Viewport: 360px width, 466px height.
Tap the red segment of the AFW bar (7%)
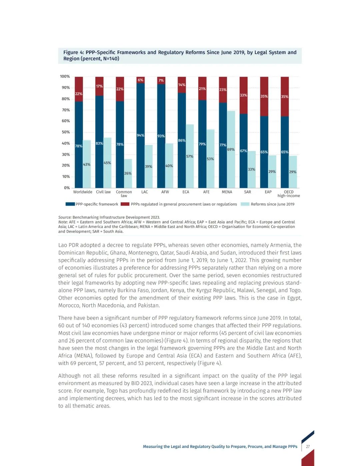click(x=161, y=80)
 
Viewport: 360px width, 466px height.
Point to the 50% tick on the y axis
click(x=66, y=132)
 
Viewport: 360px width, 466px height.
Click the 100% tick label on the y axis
click(x=65, y=76)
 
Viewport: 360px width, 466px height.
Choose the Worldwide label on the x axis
click(x=83, y=192)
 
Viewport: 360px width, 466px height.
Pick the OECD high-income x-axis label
click(x=289, y=194)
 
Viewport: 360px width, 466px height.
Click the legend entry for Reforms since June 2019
click(x=272, y=204)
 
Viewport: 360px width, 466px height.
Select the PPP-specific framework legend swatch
click(x=70, y=204)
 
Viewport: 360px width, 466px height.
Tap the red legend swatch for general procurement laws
click(x=125, y=204)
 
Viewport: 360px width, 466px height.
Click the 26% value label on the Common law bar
click(x=128, y=173)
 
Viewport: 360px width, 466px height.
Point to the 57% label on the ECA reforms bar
click(x=190, y=156)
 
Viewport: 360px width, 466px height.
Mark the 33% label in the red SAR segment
click(x=244, y=95)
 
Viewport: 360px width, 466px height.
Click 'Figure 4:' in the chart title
click(x=74, y=52)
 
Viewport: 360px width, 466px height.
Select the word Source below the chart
click(x=65, y=217)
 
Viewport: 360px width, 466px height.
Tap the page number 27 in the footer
click(x=308, y=447)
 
